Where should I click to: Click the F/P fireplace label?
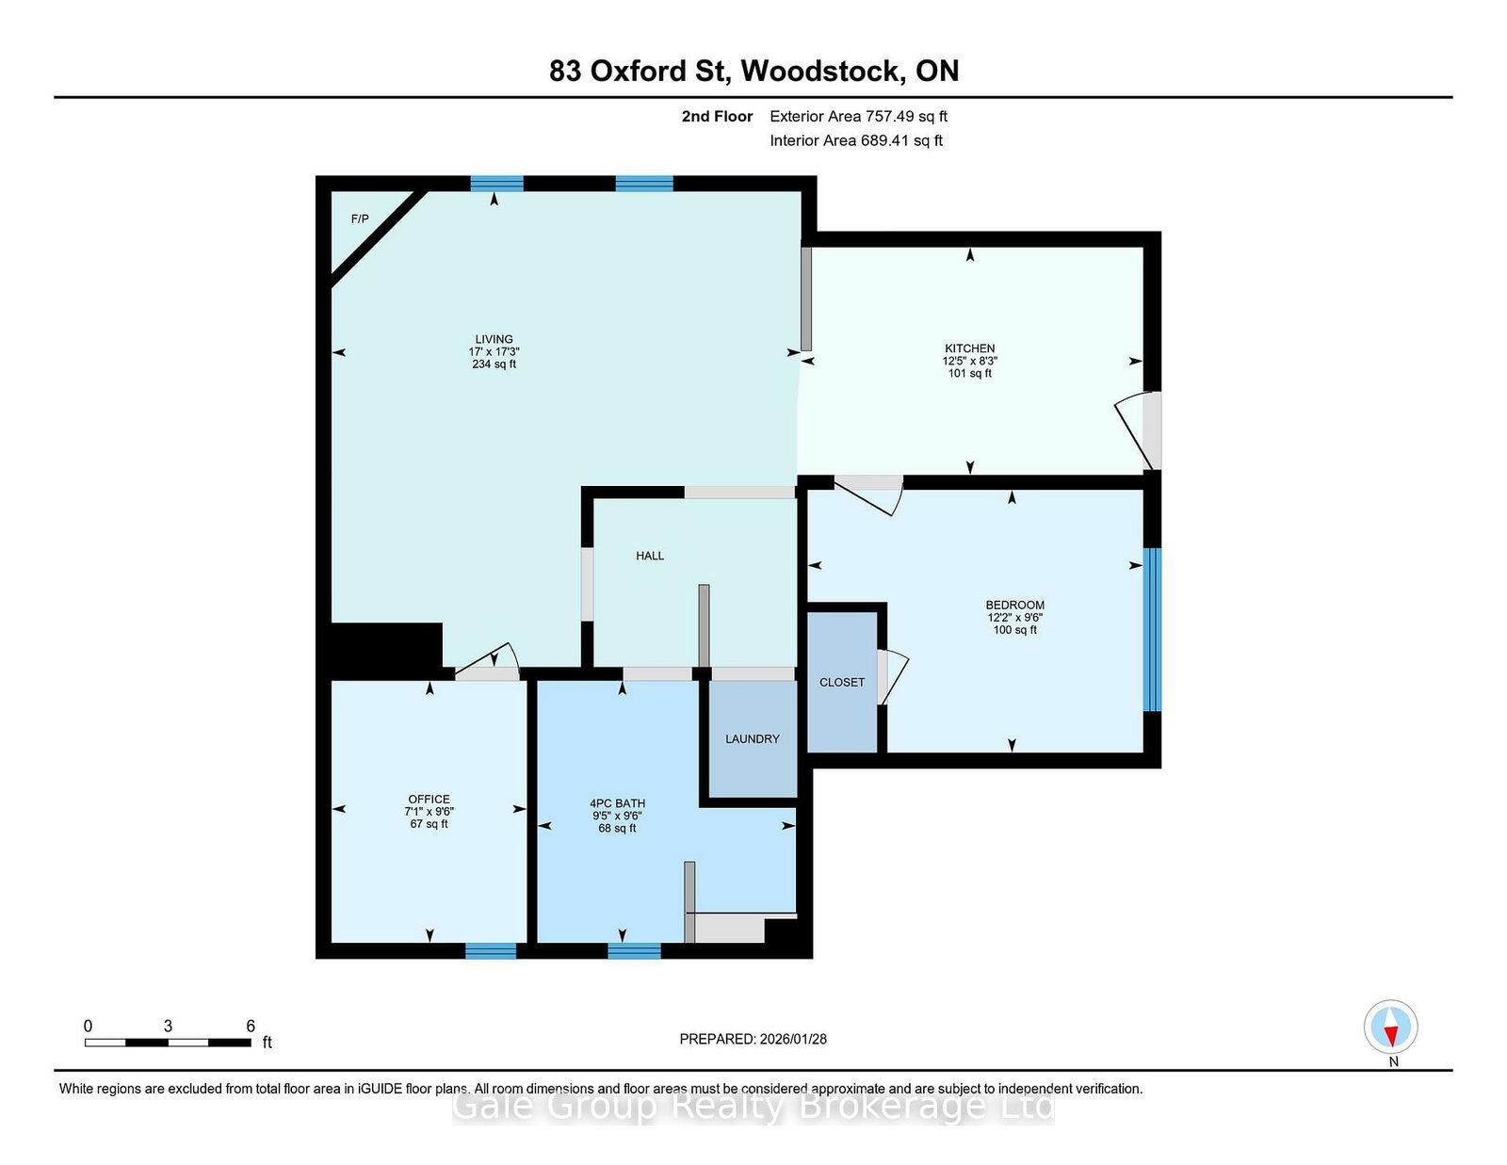[x=360, y=219]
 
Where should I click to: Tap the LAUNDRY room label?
[x=753, y=739]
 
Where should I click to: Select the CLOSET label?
[x=842, y=683]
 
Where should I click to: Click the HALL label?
[x=650, y=557]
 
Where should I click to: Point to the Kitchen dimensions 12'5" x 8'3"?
[x=969, y=362]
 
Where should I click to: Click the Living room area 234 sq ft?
[x=494, y=364]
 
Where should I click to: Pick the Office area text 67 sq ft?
[x=429, y=824]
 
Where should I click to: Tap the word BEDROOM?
[x=1015, y=606]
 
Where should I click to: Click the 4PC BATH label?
[x=617, y=803]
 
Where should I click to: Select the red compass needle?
[x=1390, y=1037]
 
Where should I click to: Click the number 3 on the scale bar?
[x=168, y=1027]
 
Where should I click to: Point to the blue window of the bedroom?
[x=1151, y=630]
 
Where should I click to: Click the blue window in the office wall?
[x=491, y=950]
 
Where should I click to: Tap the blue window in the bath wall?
[x=634, y=950]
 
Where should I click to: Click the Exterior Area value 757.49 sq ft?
[x=906, y=117]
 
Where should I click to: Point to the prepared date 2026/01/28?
[x=793, y=1040]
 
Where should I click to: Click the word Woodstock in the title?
[x=823, y=71]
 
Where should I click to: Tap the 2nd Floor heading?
[x=717, y=117]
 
